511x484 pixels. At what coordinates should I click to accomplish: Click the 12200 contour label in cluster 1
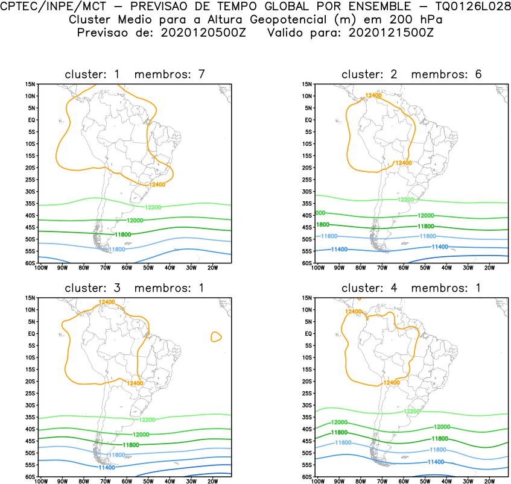153,207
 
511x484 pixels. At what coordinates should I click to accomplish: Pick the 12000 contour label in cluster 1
135,221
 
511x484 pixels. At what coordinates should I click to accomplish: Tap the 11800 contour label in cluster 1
122,234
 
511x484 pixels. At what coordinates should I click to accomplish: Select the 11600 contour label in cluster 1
116,248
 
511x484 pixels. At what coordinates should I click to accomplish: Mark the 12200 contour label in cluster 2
406,200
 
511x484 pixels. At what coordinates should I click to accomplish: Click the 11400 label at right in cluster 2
440,247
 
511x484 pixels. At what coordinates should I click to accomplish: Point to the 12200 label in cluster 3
147,420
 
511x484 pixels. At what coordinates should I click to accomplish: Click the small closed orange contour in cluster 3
216,337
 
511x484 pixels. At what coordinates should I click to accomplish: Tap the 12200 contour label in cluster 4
411,411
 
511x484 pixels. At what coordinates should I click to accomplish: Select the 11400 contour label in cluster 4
436,462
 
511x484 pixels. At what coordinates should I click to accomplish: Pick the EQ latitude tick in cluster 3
31,333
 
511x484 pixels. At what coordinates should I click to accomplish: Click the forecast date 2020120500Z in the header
200,33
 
